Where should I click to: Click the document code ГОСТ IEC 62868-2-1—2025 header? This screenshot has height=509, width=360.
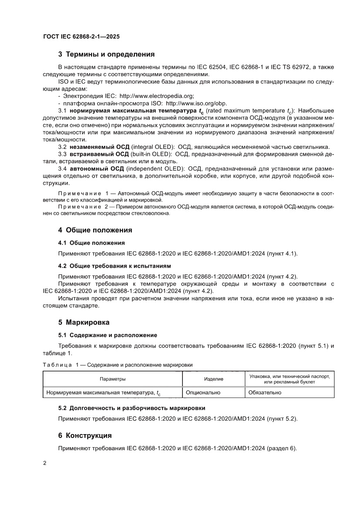[81, 37]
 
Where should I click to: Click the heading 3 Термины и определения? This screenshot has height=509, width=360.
[106, 55]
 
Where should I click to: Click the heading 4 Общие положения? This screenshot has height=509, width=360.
[95, 230]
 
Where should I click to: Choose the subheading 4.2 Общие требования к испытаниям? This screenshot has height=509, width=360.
[114, 266]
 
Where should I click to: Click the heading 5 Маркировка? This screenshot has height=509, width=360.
[84, 323]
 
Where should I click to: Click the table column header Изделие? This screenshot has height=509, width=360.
[213, 379]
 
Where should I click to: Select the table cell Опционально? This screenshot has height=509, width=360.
[203, 392]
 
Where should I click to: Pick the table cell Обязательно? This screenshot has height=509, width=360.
[265, 392]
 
